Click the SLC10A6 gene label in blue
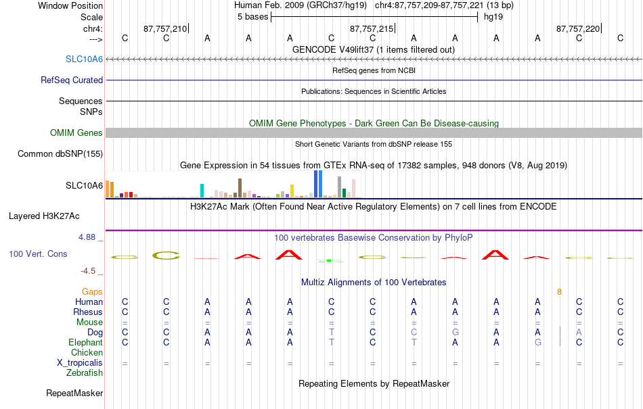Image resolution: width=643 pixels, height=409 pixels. (x=84, y=59)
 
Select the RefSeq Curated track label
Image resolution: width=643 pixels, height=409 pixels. (x=71, y=80)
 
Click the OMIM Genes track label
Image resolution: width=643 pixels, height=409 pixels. (x=76, y=133)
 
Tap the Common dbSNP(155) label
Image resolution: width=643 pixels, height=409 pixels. (x=60, y=153)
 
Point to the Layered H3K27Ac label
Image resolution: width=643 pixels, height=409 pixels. (x=44, y=216)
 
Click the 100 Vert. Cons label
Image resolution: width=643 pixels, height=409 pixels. (x=38, y=254)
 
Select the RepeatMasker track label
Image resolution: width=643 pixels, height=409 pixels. (x=74, y=393)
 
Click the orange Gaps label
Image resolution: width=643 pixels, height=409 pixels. (x=92, y=291)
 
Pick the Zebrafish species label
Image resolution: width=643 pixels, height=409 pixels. (x=85, y=372)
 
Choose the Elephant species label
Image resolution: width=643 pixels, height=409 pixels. (x=85, y=342)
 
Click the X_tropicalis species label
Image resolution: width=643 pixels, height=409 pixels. (x=80, y=363)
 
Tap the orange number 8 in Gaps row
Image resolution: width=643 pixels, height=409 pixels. (x=559, y=292)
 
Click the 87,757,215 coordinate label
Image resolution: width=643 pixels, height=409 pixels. (x=371, y=28)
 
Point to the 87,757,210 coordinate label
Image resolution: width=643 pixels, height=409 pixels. (x=165, y=28)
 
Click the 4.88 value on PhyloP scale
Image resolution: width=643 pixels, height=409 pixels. (x=87, y=237)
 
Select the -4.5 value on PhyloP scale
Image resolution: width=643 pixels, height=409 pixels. (x=88, y=270)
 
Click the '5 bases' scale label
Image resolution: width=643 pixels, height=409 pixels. (x=252, y=17)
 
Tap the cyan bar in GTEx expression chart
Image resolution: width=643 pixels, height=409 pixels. (x=202, y=191)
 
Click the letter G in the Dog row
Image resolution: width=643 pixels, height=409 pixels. (x=456, y=332)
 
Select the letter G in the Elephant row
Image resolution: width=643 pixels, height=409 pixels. (x=537, y=342)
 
